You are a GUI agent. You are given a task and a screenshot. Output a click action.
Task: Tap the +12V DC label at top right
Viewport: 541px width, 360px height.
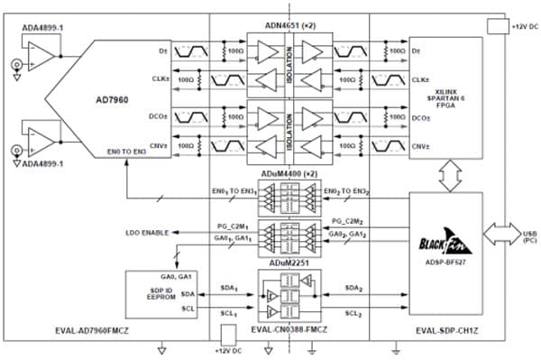tap(524, 28)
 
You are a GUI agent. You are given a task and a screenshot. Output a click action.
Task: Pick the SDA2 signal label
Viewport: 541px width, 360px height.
tap(353, 288)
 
